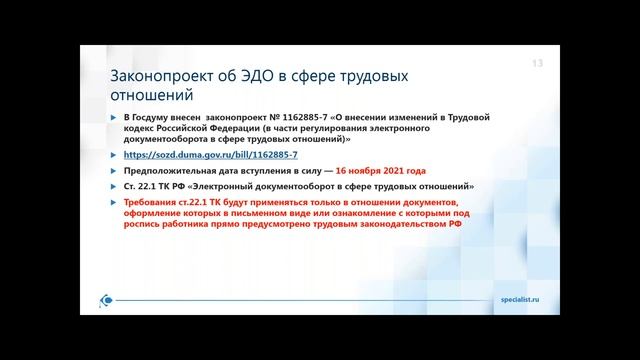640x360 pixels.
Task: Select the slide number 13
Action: pyautogui.click(x=536, y=65)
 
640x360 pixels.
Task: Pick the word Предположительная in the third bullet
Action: pyautogui.click(x=164, y=172)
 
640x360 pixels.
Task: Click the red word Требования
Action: pyautogui.click(x=148, y=202)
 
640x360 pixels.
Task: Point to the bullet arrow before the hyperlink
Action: pyautogui.click(x=112, y=156)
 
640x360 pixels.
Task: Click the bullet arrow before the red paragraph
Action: pyautogui.click(x=112, y=202)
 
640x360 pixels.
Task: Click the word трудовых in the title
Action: pyautogui.click(x=376, y=77)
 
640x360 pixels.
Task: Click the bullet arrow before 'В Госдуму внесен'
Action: pyautogui.click(x=112, y=119)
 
